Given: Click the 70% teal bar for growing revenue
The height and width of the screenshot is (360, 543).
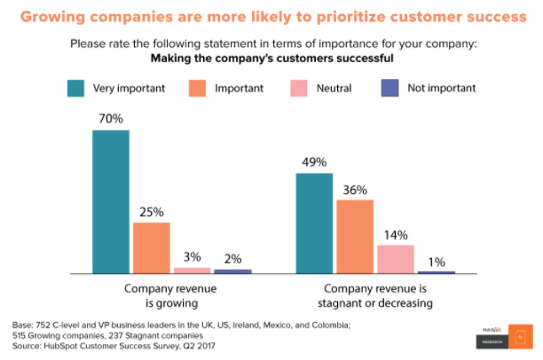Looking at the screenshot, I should pos(111,202).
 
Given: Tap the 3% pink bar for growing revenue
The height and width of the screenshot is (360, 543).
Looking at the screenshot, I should pos(192,270).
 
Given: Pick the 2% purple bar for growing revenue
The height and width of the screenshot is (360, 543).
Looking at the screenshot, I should pos(232,271).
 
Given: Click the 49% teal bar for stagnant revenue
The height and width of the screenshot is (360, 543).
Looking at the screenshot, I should pos(314,223).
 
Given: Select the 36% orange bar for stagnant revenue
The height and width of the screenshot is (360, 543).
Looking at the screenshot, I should pos(355,237).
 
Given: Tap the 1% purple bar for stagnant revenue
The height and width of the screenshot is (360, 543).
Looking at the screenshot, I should pos(436,272).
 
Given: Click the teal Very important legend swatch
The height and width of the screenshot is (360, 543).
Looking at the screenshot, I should pos(76,88).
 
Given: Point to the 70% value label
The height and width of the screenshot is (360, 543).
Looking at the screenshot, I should pos(111,118).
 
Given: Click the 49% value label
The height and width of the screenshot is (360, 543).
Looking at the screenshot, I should pos(314,161).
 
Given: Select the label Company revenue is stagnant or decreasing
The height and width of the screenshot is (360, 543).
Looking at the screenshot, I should pos(377,296).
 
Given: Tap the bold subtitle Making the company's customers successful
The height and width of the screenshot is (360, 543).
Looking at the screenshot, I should pos(271,59).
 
